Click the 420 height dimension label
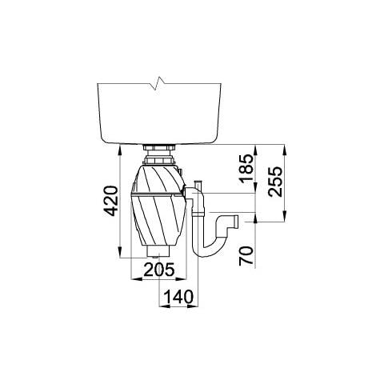[x=110, y=201]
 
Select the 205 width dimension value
[x=159, y=270]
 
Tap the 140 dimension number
[x=178, y=297]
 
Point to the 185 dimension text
[x=246, y=168]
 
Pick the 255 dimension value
[x=275, y=182]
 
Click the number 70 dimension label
[x=246, y=255]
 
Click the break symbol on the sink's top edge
[x=158, y=83]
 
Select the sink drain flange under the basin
[x=159, y=147]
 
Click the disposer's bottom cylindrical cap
[x=159, y=250]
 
